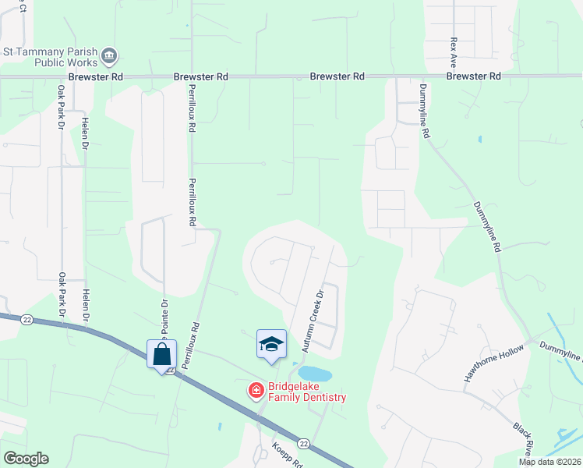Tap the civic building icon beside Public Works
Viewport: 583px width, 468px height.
click(110, 55)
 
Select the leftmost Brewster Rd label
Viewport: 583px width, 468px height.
click(95, 77)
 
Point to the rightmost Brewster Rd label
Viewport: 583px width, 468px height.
click(473, 77)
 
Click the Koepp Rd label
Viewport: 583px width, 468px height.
click(286, 454)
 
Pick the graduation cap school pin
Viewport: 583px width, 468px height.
click(271, 344)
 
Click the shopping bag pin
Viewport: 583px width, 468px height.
click(162, 354)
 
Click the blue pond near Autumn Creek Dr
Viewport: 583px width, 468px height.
click(315, 374)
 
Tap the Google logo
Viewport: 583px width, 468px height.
click(26, 459)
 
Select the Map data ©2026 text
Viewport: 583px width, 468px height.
click(549, 462)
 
